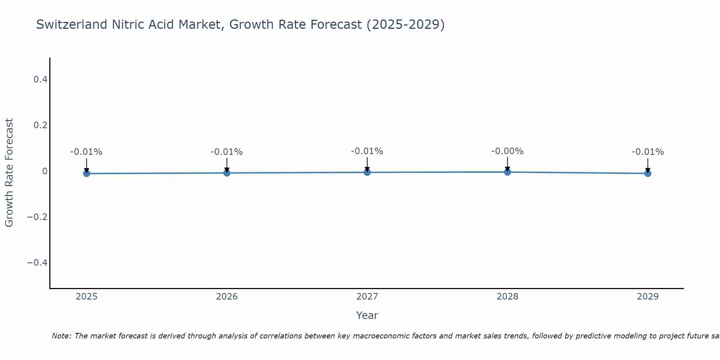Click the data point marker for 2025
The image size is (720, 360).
[86, 174]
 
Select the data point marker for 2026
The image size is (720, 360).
[227, 173]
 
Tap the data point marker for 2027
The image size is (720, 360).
[367, 172]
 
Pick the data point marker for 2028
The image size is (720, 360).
[508, 172]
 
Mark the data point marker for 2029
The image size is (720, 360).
[648, 174]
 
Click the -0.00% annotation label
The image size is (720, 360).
[507, 151]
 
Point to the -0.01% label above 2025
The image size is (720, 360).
[86, 152]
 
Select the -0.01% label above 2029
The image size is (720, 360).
[648, 152]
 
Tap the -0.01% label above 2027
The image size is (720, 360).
[367, 151]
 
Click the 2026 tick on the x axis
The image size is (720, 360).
[227, 297]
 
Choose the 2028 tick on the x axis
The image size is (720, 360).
[508, 297]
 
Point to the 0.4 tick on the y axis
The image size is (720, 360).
[40, 79]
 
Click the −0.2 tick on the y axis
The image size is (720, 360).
[37, 217]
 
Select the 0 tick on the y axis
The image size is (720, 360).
[45, 171]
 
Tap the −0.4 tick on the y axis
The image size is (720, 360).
[37, 262]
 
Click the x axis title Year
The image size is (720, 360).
[367, 315]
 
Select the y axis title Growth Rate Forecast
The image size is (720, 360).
[9, 173]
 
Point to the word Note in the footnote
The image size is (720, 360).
[61, 336]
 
